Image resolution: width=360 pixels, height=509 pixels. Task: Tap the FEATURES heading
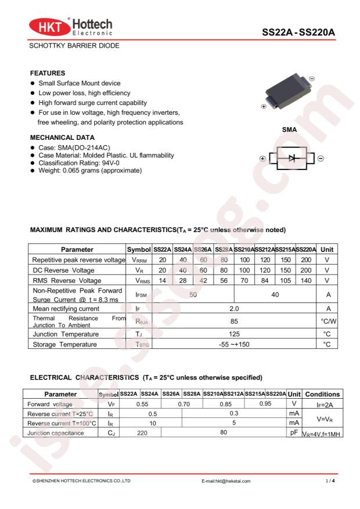click(x=47, y=73)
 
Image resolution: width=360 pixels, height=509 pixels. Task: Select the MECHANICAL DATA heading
click(x=62, y=138)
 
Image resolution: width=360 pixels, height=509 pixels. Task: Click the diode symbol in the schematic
click(x=293, y=158)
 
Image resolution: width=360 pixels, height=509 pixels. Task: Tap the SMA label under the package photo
click(x=290, y=130)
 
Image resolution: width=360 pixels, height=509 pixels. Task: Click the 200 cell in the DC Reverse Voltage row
click(x=305, y=270)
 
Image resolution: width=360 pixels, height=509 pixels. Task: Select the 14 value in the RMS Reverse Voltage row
click(x=163, y=281)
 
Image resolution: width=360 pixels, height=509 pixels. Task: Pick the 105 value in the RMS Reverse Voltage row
click(x=284, y=281)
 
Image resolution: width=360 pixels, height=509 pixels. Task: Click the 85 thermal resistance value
click(x=235, y=320)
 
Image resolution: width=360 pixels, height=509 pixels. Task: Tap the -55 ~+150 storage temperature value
click(x=235, y=345)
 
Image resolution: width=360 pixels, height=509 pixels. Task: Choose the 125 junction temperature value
click(x=235, y=334)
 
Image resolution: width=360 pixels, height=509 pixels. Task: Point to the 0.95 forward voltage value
click(x=265, y=403)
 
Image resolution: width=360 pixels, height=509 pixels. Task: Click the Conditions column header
click(x=322, y=394)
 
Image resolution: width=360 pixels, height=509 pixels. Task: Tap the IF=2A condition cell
click(x=322, y=404)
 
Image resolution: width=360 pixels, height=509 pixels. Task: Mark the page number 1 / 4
click(x=330, y=481)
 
